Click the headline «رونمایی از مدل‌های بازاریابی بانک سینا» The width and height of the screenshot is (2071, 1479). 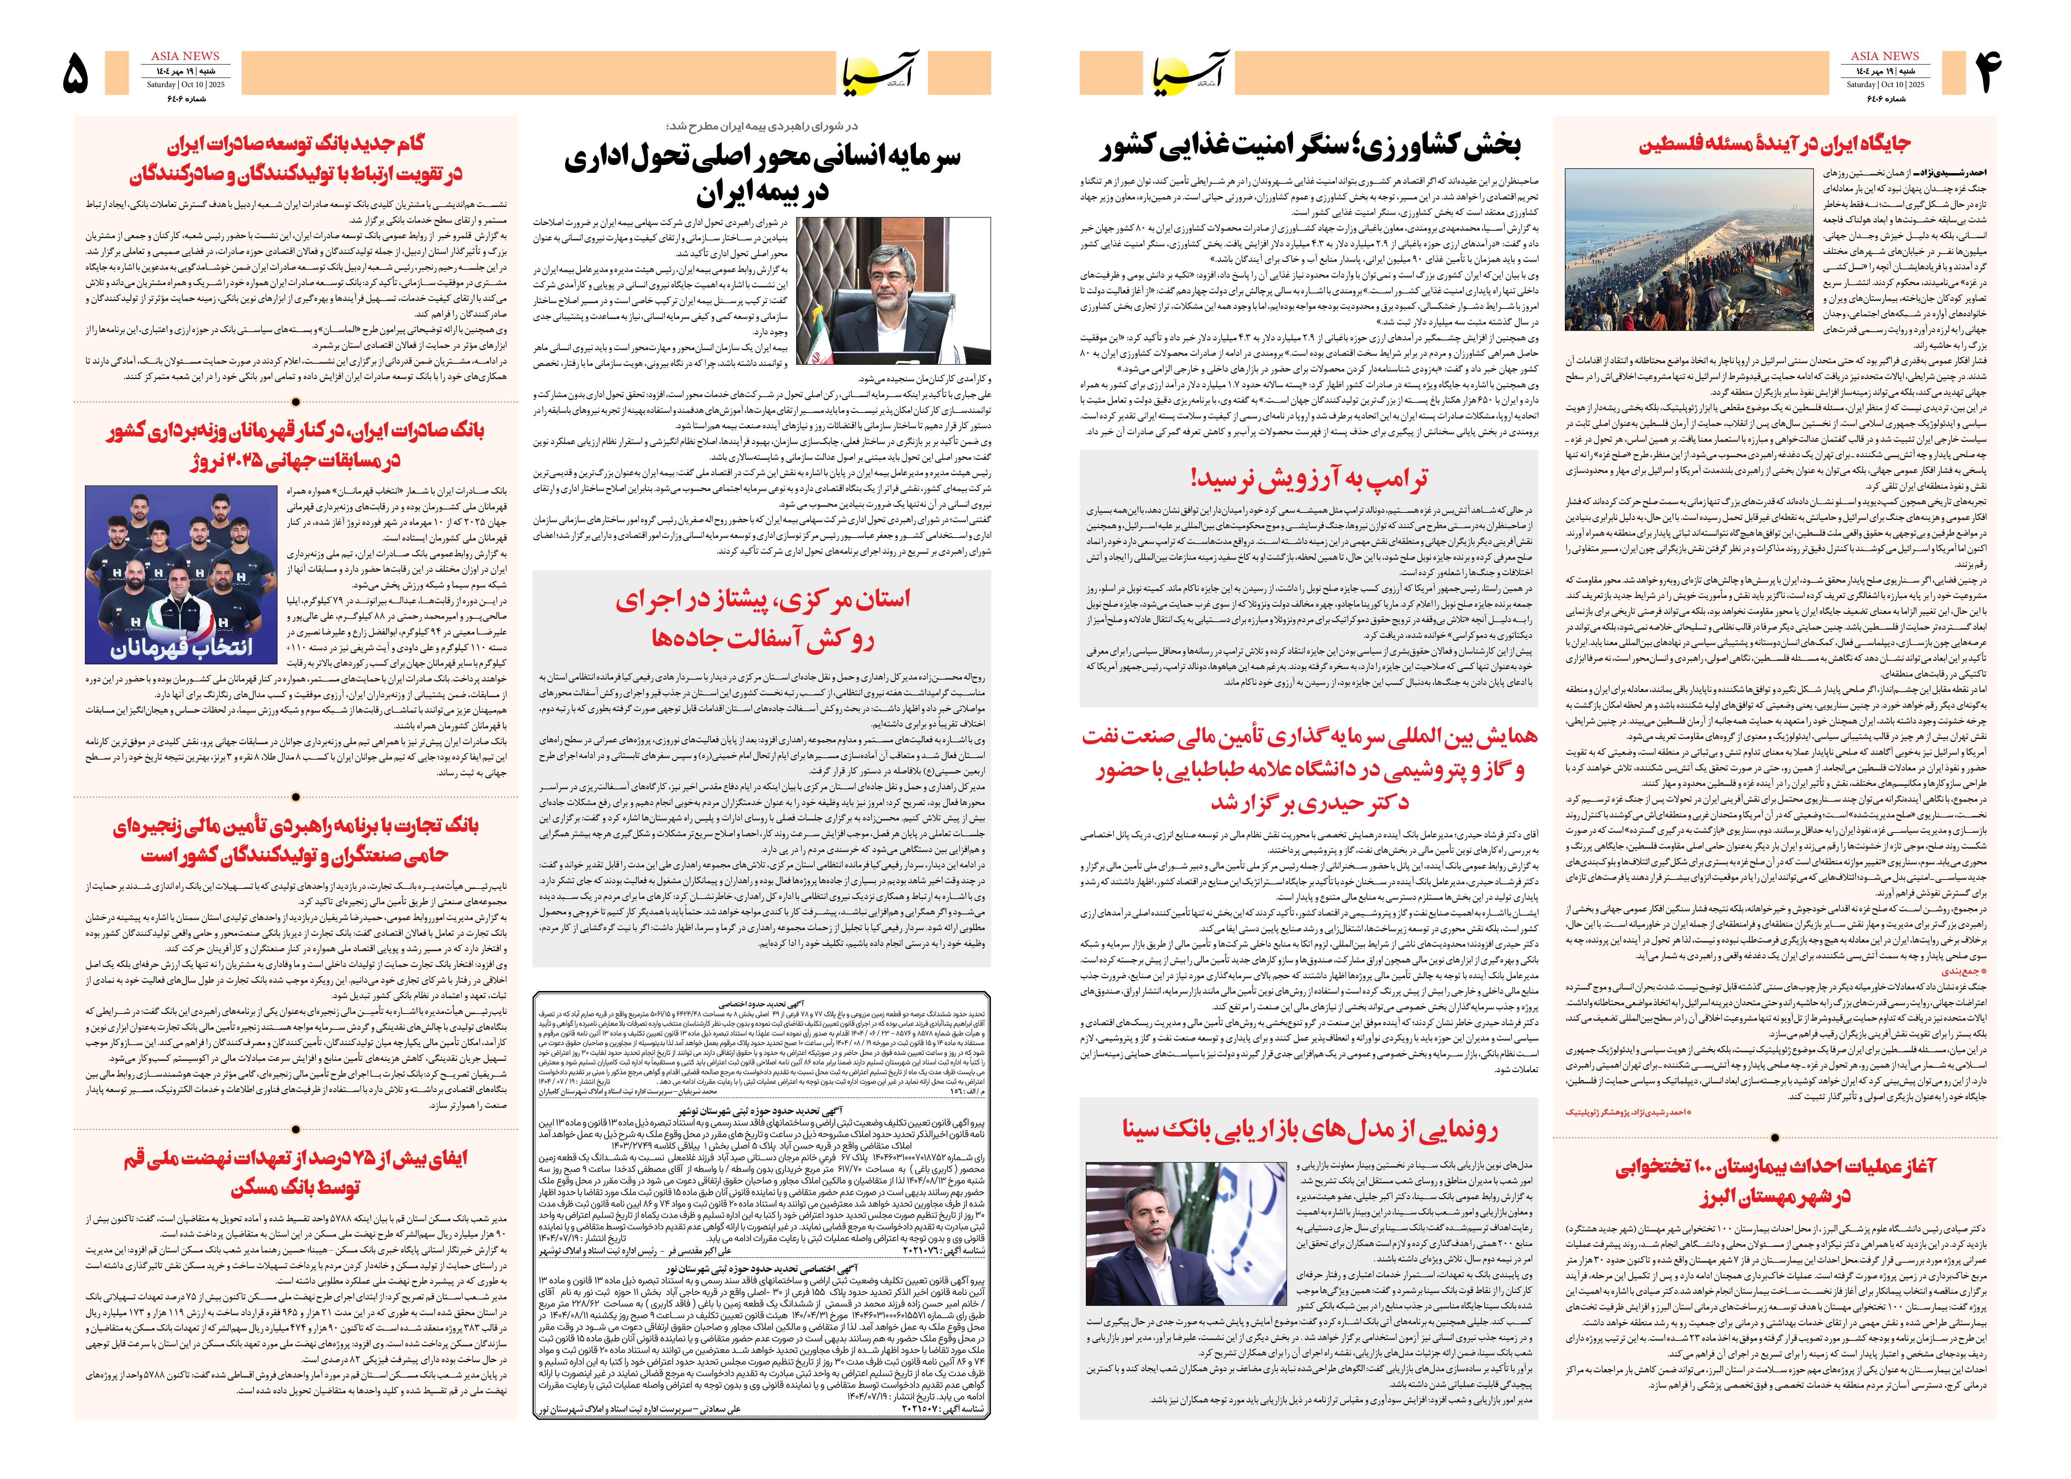click(1309, 1129)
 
